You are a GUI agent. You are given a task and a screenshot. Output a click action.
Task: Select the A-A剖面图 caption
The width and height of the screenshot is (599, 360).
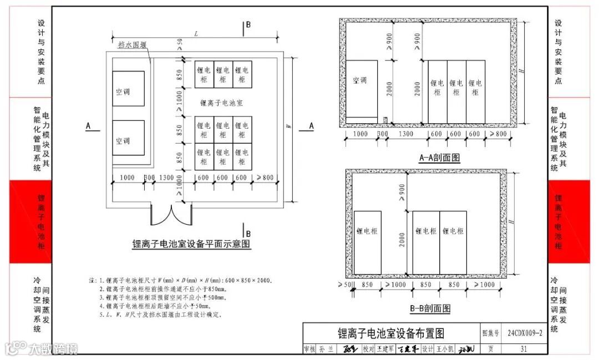coord(439,158)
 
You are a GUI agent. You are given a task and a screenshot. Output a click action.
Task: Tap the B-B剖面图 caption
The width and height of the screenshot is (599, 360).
coord(430,308)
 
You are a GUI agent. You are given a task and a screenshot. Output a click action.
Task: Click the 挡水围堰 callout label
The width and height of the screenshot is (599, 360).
coord(132,45)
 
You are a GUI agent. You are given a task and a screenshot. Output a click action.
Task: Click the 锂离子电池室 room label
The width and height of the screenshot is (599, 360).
coord(222,103)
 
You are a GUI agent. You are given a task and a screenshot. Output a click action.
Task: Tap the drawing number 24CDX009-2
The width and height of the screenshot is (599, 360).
coord(524,333)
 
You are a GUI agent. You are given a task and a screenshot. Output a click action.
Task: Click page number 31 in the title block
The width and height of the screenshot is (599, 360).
coord(524,349)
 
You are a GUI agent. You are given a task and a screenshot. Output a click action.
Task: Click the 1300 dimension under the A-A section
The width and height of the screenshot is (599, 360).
coord(405,134)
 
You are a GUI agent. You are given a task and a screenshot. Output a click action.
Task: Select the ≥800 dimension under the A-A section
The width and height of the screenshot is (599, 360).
coord(499,134)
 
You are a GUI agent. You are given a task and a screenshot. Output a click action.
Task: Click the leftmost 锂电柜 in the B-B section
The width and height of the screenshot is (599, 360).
coord(367,231)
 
